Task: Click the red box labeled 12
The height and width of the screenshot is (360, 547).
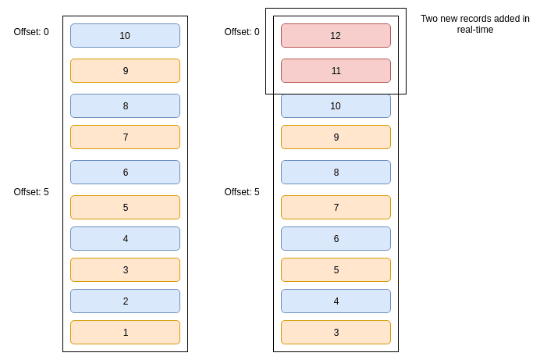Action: (x=336, y=35)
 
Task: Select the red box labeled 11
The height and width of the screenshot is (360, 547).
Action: (x=336, y=70)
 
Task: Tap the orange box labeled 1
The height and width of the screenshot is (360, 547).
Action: (x=125, y=332)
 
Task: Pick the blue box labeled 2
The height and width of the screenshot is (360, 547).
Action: (x=125, y=301)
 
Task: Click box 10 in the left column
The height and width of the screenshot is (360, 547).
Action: (x=125, y=35)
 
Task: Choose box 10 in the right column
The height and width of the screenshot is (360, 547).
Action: (x=336, y=105)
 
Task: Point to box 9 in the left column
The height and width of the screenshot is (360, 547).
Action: (x=125, y=70)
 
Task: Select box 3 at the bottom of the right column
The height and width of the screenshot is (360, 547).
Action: (x=336, y=332)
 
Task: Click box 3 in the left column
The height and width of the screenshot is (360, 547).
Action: (x=125, y=269)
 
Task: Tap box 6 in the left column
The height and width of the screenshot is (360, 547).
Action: (x=125, y=172)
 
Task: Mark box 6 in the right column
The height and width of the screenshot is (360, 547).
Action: (x=336, y=238)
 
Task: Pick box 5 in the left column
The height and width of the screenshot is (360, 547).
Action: (x=125, y=207)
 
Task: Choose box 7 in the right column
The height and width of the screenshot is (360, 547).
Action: (x=336, y=207)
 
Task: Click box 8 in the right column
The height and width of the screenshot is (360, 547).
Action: (x=336, y=172)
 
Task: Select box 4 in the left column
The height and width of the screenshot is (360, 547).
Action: (x=125, y=238)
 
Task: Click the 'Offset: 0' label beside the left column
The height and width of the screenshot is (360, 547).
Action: (x=31, y=32)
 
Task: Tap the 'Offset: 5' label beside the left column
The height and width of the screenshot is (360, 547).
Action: (x=31, y=192)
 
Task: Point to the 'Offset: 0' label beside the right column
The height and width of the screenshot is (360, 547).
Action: (x=242, y=32)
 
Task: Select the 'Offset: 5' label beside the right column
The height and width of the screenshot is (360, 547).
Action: (x=242, y=192)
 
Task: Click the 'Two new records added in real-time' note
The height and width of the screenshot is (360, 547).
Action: (x=474, y=24)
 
